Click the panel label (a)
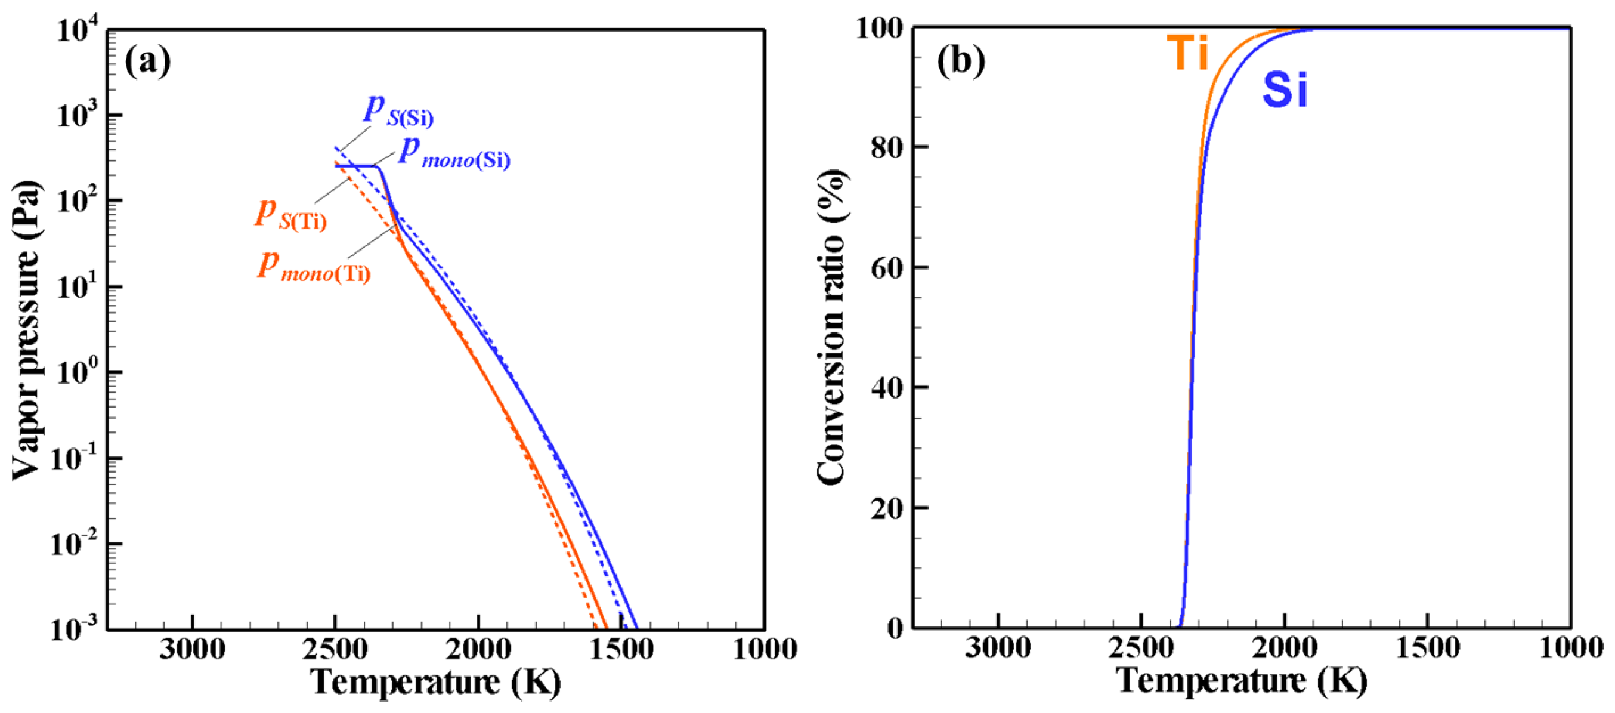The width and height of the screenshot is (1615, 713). pyautogui.click(x=147, y=62)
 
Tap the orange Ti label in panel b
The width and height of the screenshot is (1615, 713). pyautogui.click(x=1187, y=53)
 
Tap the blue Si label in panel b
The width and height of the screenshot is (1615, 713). pyautogui.click(x=1285, y=90)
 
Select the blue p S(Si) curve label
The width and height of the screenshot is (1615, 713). pyautogui.click(x=399, y=111)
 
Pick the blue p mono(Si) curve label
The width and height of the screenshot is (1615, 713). pyautogui.click(x=454, y=153)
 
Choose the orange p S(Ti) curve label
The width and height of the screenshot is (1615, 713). pyautogui.click(x=291, y=214)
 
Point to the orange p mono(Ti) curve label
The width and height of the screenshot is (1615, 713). pyautogui.click(x=314, y=267)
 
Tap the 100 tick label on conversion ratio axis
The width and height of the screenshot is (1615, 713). pyautogui.click(x=879, y=28)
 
